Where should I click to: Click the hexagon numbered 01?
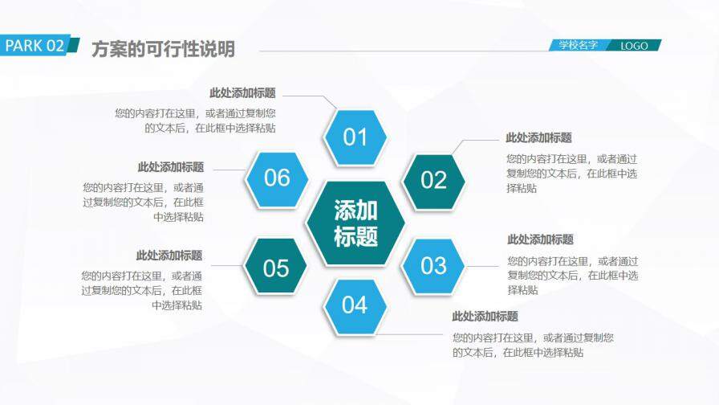click(355, 137)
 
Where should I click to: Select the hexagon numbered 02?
click(433, 179)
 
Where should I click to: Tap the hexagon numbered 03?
click(433, 265)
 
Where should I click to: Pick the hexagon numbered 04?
click(355, 305)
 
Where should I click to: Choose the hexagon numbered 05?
click(276, 268)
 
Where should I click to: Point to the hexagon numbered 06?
click(277, 178)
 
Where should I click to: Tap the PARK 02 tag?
click(36, 46)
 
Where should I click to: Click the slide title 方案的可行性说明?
click(163, 49)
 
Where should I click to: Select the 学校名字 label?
click(579, 46)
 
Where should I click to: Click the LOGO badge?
click(634, 46)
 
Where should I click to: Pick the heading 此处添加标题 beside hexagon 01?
click(242, 93)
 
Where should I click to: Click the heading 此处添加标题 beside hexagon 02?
click(538, 138)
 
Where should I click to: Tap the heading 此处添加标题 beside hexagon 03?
click(540, 239)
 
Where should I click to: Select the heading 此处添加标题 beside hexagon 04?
click(485, 317)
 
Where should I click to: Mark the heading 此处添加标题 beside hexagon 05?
click(169, 256)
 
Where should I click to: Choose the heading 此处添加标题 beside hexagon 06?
click(170, 167)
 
